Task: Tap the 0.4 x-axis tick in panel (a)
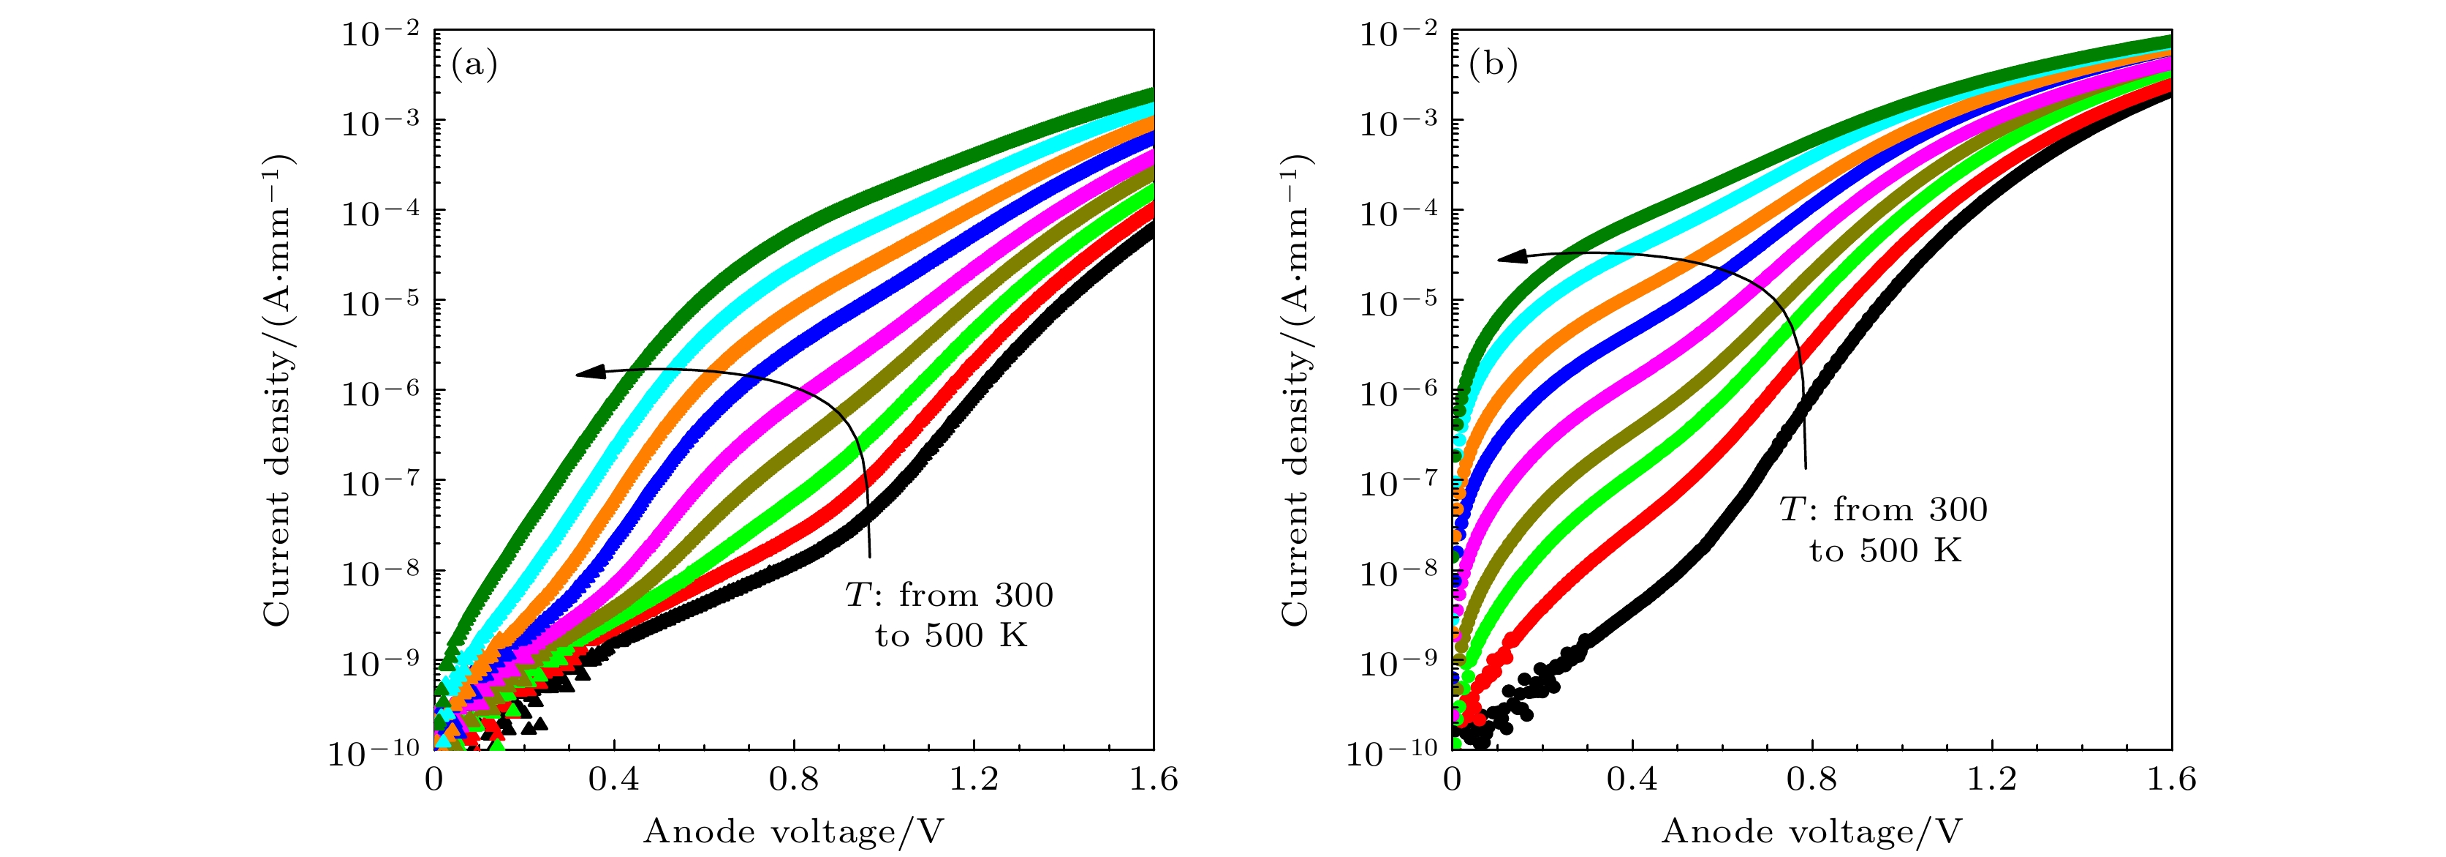[x=613, y=780]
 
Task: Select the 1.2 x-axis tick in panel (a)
[x=974, y=780]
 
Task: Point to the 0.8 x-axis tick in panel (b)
[x=1811, y=780]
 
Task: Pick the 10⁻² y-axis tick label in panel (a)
[x=380, y=36]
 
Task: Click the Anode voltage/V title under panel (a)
[x=794, y=832]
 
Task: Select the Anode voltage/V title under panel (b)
[x=1811, y=832]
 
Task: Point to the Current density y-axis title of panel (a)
[x=277, y=389]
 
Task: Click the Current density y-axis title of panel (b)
[x=1295, y=389]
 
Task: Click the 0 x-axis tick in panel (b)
[x=1452, y=780]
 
